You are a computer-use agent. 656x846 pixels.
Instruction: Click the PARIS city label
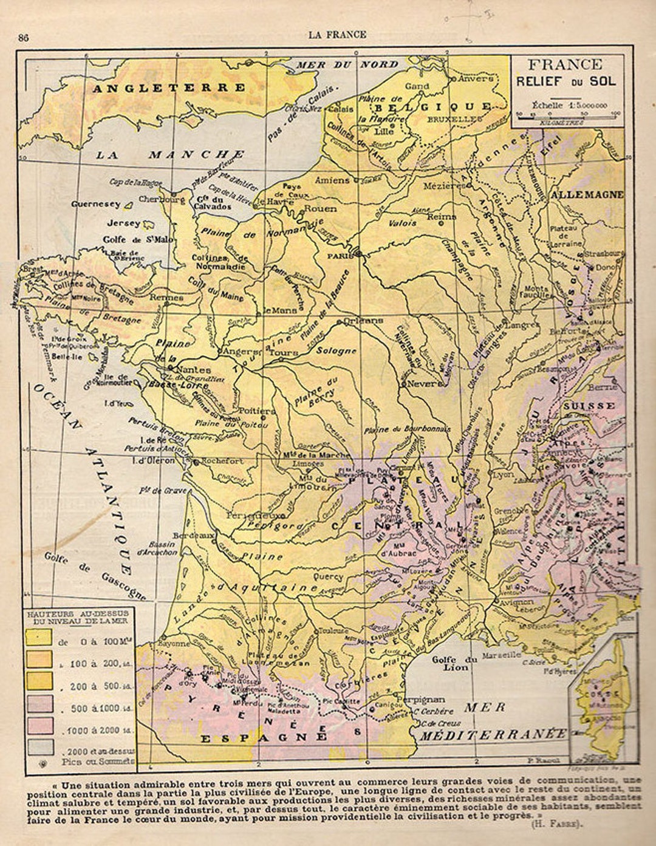pyautogui.click(x=340, y=256)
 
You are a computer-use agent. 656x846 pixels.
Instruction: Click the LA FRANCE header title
pyautogui.click(x=337, y=35)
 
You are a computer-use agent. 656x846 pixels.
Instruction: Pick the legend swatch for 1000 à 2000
pyautogui.click(x=39, y=726)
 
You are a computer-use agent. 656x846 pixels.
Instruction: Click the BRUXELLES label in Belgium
pyautogui.click(x=467, y=120)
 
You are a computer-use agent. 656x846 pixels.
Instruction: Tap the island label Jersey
pyautogui.click(x=123, y=223)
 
